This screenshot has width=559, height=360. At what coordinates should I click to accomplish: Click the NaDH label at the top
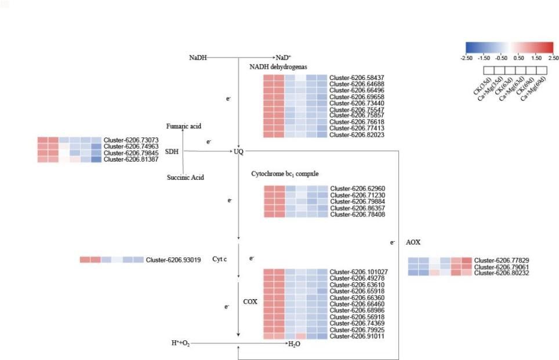tap(197, 58)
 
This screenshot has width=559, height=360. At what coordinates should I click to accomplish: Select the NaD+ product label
tap(284, 58)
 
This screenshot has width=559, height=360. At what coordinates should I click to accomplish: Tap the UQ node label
tap(239, 152)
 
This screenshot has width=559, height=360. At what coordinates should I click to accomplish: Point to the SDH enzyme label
tap(172, 151)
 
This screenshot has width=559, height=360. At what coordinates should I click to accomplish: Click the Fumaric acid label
tap(184, 126)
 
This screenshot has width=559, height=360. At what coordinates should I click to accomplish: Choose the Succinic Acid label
tap(185, 177)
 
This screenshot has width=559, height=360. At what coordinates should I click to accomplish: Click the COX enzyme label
tap(250, 302)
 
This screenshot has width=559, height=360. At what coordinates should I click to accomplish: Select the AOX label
tap(413, 242)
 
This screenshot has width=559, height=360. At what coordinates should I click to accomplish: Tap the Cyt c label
tap(219, 259)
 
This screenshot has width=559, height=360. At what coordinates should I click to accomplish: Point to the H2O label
tap(295, 344)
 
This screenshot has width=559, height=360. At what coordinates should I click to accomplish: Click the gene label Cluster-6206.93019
tap(173, 260)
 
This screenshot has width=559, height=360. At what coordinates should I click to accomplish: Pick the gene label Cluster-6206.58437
tap(357, 78)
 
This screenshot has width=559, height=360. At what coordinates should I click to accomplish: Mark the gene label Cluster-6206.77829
tap(502, 261)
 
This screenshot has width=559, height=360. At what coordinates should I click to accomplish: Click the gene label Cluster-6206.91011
tap(357, 336)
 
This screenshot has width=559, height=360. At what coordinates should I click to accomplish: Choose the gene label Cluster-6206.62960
tap(358, 189)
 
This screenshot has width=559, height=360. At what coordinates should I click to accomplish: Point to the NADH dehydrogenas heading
tap(278, 67)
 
